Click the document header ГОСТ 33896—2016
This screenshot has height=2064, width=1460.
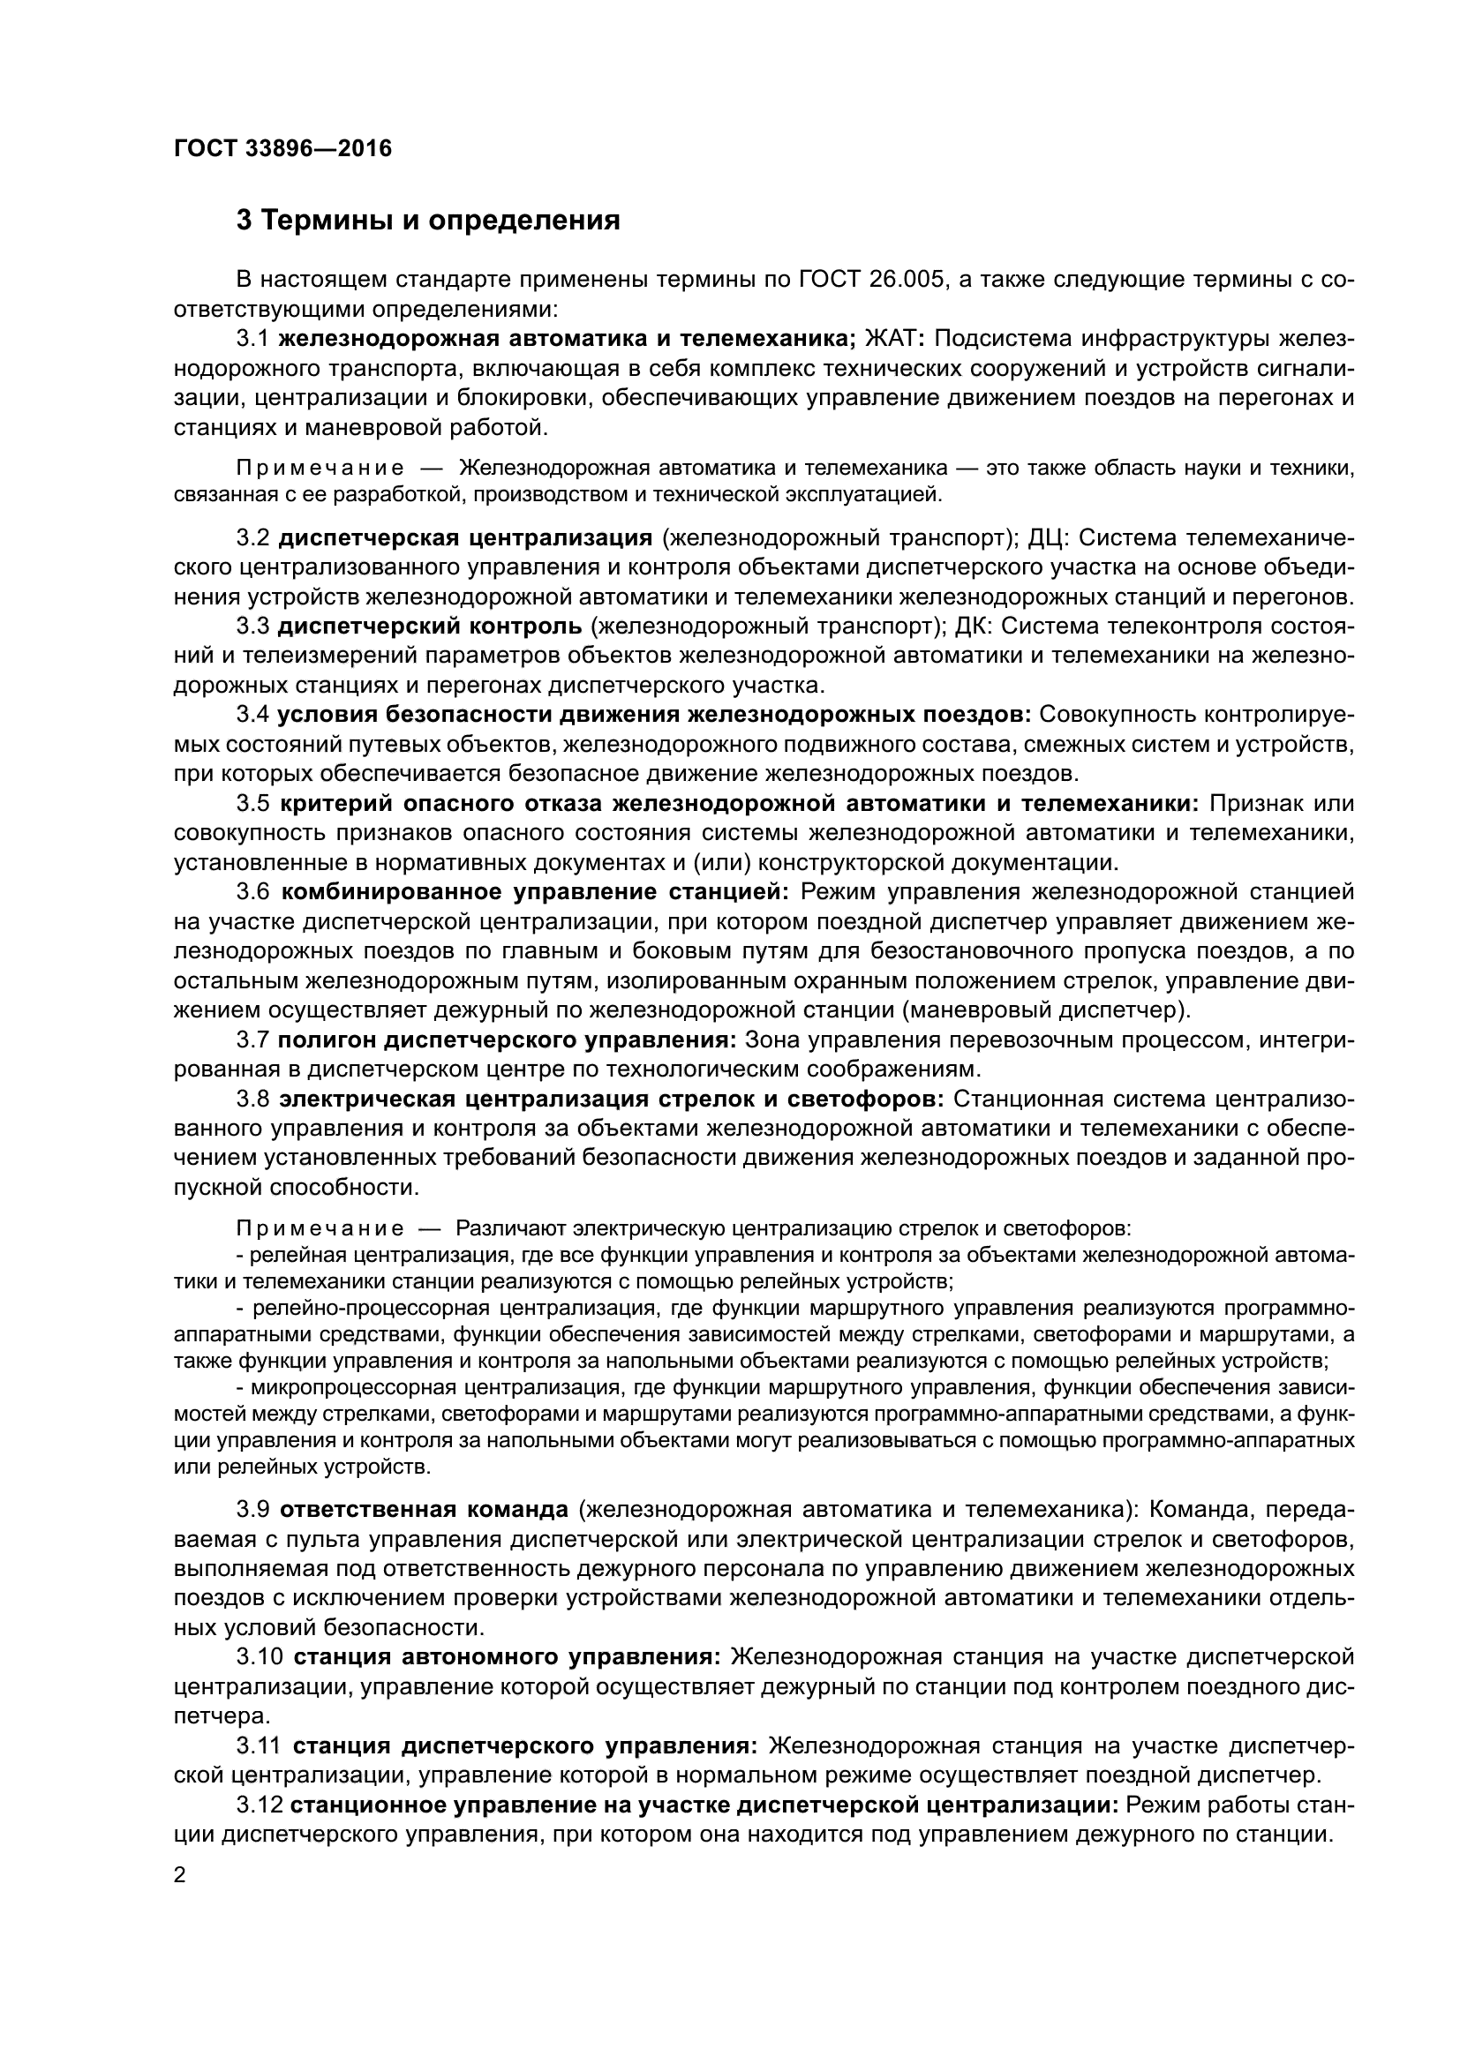282,148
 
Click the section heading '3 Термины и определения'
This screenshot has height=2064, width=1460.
428,221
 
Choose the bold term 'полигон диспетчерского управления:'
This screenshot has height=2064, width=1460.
507,1040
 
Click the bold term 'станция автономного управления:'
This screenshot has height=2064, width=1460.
507,1655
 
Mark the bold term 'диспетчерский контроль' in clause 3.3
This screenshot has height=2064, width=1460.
436,625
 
